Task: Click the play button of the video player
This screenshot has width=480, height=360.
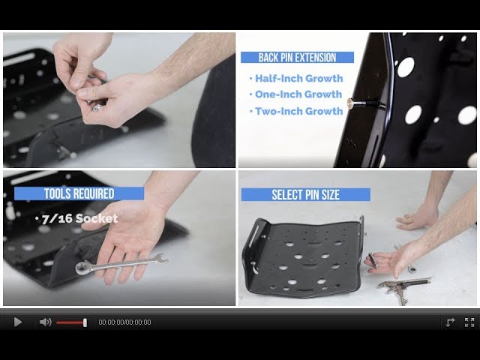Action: [x=17, y=322]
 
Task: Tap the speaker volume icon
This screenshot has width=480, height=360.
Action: [x=45, y=322]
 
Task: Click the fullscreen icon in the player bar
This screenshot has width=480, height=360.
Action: [x=469, y=322]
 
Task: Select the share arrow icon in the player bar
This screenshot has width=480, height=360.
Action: [x=450, y=322]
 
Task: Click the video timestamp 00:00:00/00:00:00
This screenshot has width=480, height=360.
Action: [x=124, y=322]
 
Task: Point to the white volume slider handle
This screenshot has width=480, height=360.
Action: [x=85, y=322]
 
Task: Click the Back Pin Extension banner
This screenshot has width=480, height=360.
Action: [x=297, y=58]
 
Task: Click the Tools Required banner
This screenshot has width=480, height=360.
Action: [x=79, y=193]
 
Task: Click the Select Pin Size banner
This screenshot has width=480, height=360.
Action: [x=305, y=195]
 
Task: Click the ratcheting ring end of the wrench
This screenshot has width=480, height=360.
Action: [x=82, y=268]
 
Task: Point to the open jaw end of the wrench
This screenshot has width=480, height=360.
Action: [x=160, y=258]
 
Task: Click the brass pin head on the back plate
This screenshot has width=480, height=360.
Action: [x=352, y=103]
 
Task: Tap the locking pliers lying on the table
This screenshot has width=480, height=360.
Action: [x=405, y=287]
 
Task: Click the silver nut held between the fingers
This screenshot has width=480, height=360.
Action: [x=97, y=107]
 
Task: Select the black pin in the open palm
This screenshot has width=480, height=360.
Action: [x=373, y=260]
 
